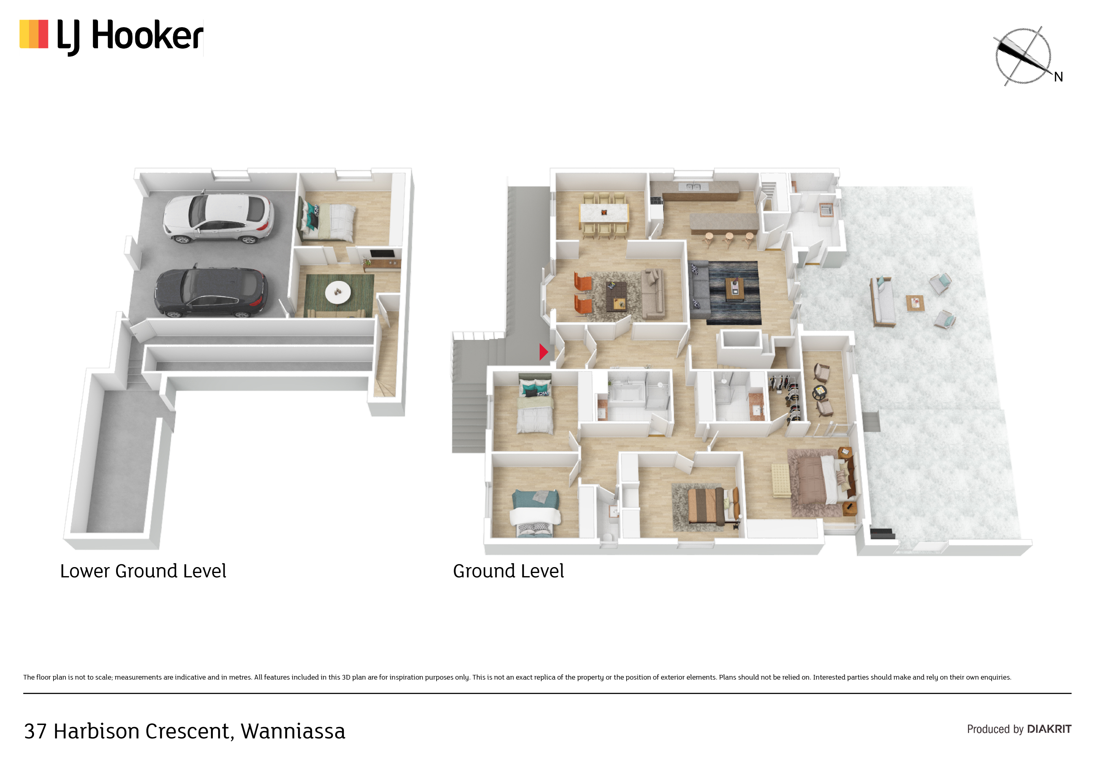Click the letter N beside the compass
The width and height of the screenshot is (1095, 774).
click(x=1058, y=77)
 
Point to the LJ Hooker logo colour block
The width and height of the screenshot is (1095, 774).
click(x=34, y=34)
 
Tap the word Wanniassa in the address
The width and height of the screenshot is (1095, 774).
click(x=293, y=731)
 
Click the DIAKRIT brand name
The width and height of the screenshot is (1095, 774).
click(x=1049, y=729)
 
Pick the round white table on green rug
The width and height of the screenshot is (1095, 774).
click(x=338, y=292)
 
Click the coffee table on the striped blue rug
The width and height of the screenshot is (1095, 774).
click(x=735, y=289)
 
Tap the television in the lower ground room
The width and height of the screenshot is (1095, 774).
click(x=382, y=254)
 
